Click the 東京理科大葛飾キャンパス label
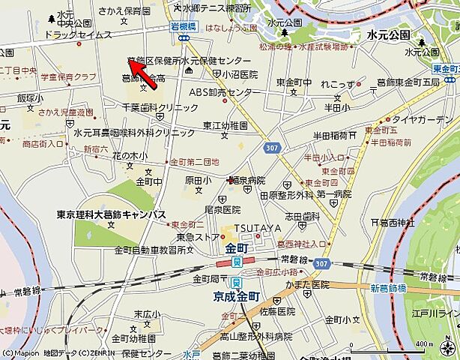111,214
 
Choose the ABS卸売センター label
221,92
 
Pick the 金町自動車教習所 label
150,250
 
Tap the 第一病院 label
334,194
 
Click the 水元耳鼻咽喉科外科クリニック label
134,132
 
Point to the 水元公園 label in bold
389,34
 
